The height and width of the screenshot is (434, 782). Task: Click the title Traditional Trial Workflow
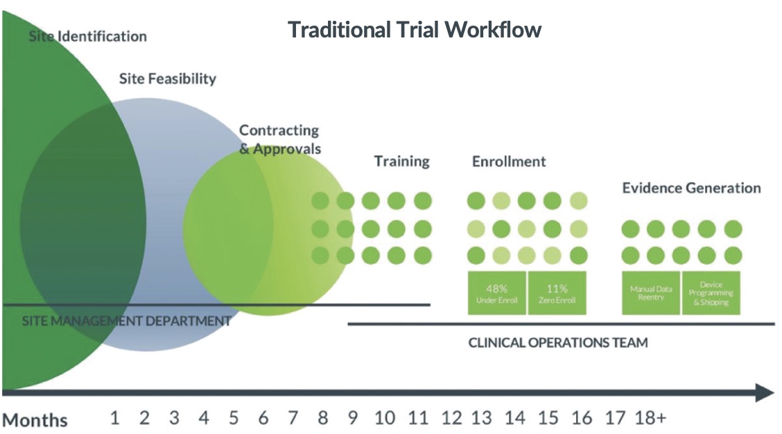(x=414, y=30)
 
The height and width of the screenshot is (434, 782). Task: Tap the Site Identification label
(x=87, y=36)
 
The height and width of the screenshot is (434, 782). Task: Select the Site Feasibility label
(x=167, y=78)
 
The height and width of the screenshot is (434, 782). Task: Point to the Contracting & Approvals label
(x=279, y=139)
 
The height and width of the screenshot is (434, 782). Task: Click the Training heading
(x=401, y=162)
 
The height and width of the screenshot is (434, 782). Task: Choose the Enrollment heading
(x=509, y=162)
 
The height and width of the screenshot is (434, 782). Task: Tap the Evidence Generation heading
(x=690, y=188)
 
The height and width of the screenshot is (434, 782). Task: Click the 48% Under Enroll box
(x=497, y=293)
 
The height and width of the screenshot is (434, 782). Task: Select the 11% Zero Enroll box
(x=557, y=293)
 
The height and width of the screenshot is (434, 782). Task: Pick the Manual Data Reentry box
(x=650, y=293)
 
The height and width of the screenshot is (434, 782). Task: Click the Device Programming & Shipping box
(x=711, y=293)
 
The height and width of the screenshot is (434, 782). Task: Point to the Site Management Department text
(x=126, y=321)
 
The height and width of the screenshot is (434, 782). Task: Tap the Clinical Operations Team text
(x=558, y=342)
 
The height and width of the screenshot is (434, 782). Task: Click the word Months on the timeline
(x=35, y=420)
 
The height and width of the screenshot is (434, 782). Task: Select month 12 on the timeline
(x=451, y=418)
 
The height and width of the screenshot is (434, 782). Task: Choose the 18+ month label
(x=650, y=418)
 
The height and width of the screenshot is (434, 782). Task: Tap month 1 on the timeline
(x=115, y=418)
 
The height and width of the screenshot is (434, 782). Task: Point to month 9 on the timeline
(x=352, y=418)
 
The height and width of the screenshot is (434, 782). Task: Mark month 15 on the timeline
(x=548, y=418)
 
